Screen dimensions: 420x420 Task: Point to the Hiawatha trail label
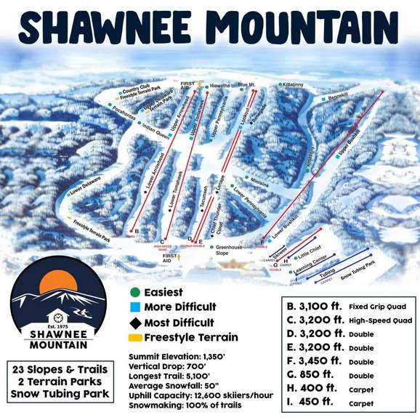click(220, 86)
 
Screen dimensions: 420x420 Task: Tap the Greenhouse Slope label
click(230, 251)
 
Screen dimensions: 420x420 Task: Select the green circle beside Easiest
click(134, 292)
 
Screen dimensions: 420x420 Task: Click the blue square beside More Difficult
click(134, 307)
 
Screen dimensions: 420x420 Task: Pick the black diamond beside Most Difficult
click(134, 322)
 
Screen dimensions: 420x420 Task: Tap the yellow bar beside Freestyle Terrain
click(134, 337)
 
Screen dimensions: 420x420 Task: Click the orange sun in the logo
click(54, 283)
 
